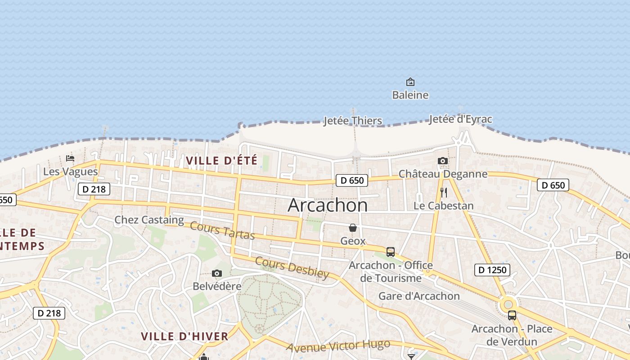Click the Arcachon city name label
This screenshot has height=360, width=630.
327,205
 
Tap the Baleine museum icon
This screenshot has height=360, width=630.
410,82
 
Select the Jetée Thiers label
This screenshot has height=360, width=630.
353,121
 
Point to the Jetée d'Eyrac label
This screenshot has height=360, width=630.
460,119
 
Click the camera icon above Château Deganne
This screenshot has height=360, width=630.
443,161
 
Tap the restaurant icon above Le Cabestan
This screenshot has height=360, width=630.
444,193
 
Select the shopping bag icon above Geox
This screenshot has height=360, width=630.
353,228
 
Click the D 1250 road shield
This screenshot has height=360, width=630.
492,270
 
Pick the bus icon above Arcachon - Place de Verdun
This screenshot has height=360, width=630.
512,315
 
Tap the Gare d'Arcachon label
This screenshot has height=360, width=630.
419,296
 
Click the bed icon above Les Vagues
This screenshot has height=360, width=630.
70,158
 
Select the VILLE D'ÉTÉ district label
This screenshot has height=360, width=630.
221,161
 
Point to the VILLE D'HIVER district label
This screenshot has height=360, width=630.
184,336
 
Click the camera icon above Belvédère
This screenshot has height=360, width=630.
217,274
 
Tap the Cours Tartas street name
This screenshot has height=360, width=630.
222,230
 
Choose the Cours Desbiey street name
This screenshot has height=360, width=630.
292,268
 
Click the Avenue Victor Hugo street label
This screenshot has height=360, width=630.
338,346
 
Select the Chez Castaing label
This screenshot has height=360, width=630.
149,220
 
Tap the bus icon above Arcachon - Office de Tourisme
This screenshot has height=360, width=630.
391,252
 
